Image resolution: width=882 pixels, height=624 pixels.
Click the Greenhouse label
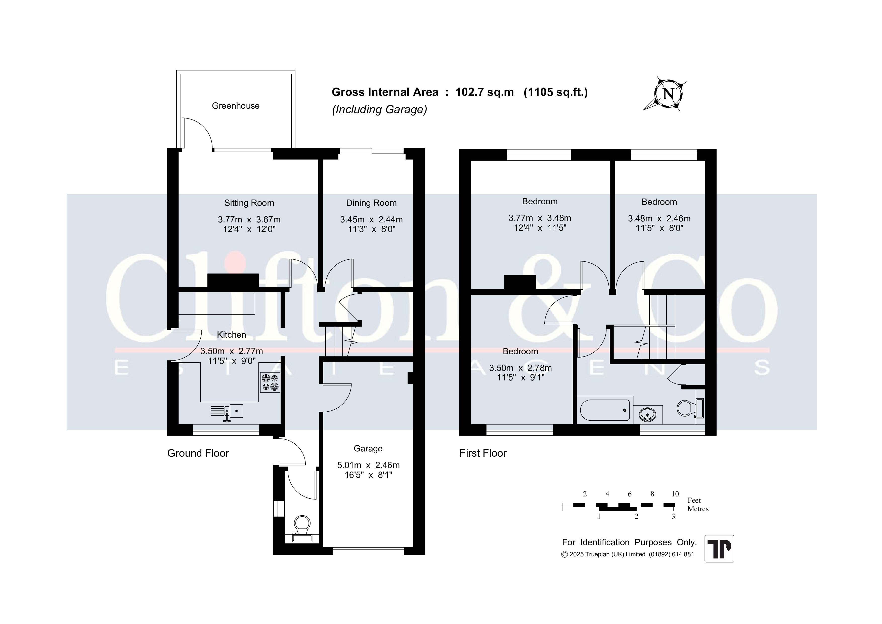[236, 106]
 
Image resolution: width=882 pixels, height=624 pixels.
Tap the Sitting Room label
[249, 203]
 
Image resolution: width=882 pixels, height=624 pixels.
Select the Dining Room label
[371, 203]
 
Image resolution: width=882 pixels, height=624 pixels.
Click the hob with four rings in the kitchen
[270, 382]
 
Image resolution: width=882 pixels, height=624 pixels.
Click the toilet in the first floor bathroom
[690, 408]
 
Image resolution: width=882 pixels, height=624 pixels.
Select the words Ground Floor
[198, 453]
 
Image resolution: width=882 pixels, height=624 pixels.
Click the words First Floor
[483, 453]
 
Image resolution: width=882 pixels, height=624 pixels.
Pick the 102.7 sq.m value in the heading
[484, 92]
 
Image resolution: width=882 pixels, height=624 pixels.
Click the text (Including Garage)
[380, 109]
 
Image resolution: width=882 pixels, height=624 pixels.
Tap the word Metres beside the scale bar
[698, 509]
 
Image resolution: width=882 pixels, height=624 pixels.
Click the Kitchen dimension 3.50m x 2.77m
[232, 351]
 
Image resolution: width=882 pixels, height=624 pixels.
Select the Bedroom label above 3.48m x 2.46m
[659, 202]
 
